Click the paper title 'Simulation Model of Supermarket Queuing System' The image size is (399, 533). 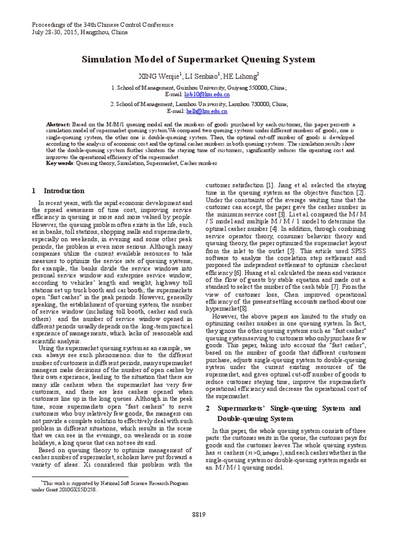pos(199,59)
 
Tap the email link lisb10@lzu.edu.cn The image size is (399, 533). pos(206,95)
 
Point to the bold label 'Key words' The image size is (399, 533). pos(60,163)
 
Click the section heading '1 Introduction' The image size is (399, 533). pos(58,191)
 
